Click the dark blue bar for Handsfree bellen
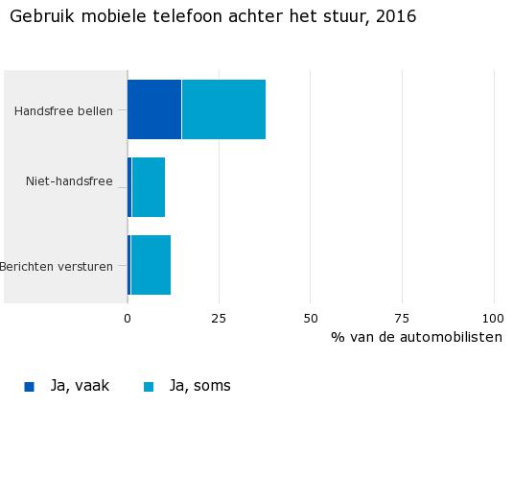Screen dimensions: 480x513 [154, 110]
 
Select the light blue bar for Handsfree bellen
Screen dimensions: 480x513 [223, 110]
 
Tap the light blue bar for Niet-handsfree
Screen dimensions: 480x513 [149, 187]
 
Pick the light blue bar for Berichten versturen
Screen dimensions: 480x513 [151, 265]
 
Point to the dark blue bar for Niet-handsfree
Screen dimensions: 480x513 [129, 187]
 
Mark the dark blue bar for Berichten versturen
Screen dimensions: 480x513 [129, 265]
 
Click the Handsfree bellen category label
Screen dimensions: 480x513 [63, 111]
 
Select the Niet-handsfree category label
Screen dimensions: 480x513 [69, 180]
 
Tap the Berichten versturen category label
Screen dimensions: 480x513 [57, 266]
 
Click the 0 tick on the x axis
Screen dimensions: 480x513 [128, 318]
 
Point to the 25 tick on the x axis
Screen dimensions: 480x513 [219, 318]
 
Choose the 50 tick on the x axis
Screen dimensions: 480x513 [311, 318]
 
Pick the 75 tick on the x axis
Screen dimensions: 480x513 [402, 318]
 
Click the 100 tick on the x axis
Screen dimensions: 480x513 [493, 318]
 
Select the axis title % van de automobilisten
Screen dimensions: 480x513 [416, 337]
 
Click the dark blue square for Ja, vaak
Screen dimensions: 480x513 [29, 387]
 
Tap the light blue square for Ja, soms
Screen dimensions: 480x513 [149, 387]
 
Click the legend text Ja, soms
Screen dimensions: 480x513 [199, 386]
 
